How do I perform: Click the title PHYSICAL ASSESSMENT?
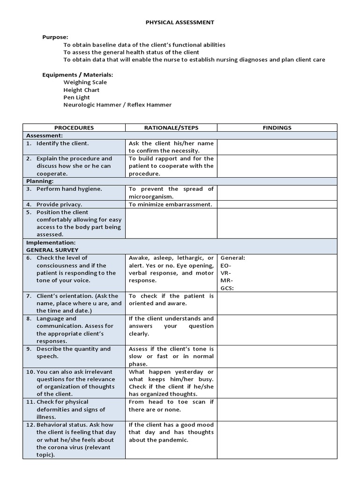pos(180,22)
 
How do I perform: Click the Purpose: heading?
pos(55,37)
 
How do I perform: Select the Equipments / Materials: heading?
pos(77,75)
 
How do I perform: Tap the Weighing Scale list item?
pos(85,82)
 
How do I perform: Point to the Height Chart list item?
pos(82,90)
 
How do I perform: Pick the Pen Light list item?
pos(76,97)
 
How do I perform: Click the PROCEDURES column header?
pos(74,127)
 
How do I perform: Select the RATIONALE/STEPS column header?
pos(171,127)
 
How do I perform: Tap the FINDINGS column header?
pos(277,127)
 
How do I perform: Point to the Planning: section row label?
pos(40,181)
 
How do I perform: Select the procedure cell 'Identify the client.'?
pos(62,143)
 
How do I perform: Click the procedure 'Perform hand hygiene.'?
pos(69,189)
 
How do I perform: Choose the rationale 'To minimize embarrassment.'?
pos(170,204)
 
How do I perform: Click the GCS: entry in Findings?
pos(227,288)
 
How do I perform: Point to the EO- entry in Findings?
pos(225,265)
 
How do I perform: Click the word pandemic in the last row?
pos(174,440)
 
